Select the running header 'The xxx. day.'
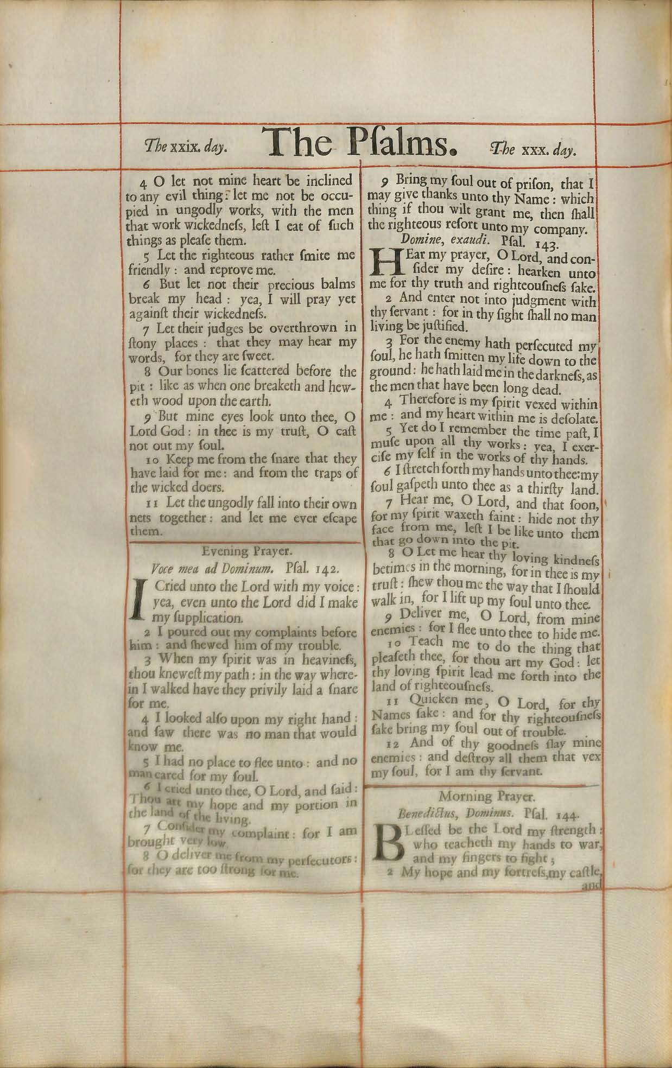coord(533,150)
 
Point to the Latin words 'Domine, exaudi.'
coord(439,239)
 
